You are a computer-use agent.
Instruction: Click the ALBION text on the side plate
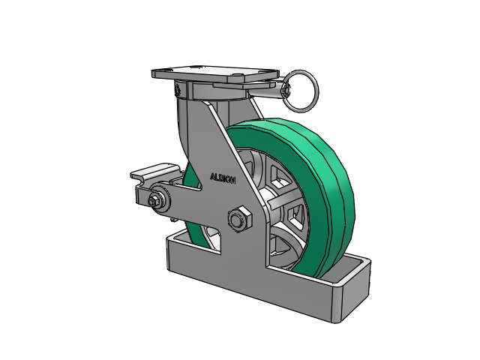[223, 178]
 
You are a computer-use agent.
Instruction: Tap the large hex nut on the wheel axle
[240, 219]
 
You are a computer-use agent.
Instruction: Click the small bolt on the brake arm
[153, 202]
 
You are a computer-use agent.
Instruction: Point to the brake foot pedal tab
[155, 172]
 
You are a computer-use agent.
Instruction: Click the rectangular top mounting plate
[215, 73]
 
